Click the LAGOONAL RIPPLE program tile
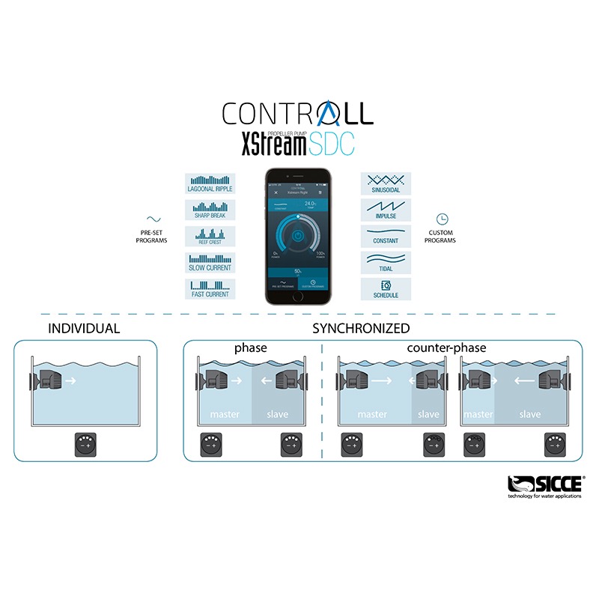click(x=210, y=184)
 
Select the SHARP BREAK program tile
click(x=210, y=210)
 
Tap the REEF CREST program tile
click(x=210, y=237)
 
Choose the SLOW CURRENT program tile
click(x=210, y=263)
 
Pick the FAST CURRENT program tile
click(x=210, y=288)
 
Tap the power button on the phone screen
click(x=298, y=234)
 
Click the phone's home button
click(x=298, y=296)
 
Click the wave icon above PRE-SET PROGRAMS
click(x=153, y=219)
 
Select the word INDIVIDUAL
click(x=83, y=328)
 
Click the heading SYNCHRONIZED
click(x=361, y=328)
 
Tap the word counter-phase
click(x=446, y=348)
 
